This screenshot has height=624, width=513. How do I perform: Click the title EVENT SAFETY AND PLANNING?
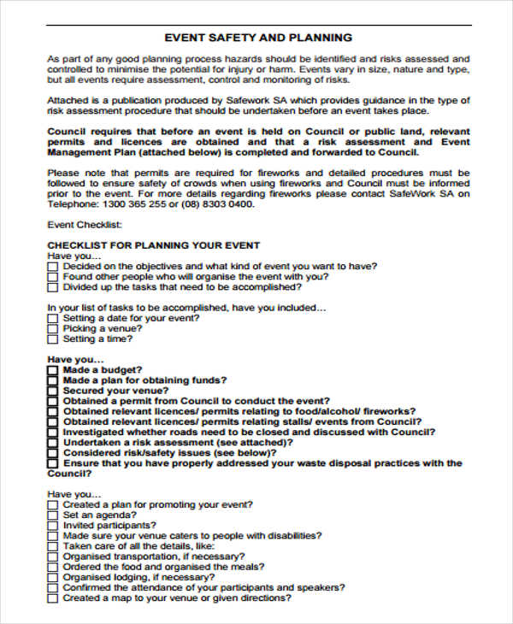click(x=257, y=38)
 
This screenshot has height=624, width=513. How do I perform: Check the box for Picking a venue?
click(x=53, y=328)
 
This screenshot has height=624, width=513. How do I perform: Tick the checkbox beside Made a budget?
click(x=53, y=370)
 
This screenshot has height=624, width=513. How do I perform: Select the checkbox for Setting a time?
click(x=53, y=339)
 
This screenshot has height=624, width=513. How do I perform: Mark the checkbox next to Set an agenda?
click(x=53, y=515)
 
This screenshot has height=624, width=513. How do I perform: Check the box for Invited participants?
click(x=53, y=526)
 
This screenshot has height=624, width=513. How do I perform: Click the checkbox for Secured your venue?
click(x=53, y=391)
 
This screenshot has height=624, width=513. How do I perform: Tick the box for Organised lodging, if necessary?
click(x=53, y=578)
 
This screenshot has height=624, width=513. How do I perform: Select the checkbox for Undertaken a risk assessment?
click(x=53, y=443)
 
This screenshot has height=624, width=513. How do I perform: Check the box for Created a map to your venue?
click(x=53, y=598)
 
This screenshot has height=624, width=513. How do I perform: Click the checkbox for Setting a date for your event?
click(x=53, y=318)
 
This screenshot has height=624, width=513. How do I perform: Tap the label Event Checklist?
click(x=85, y=225)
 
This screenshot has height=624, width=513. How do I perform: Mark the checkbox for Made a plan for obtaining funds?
click(x=53, y=380)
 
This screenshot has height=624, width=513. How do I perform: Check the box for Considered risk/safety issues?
click(x=53, y=453)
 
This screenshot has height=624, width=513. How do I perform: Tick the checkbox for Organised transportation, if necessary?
click(x=53, y=556)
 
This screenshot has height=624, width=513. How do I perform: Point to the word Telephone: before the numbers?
click(x=71, y=204)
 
